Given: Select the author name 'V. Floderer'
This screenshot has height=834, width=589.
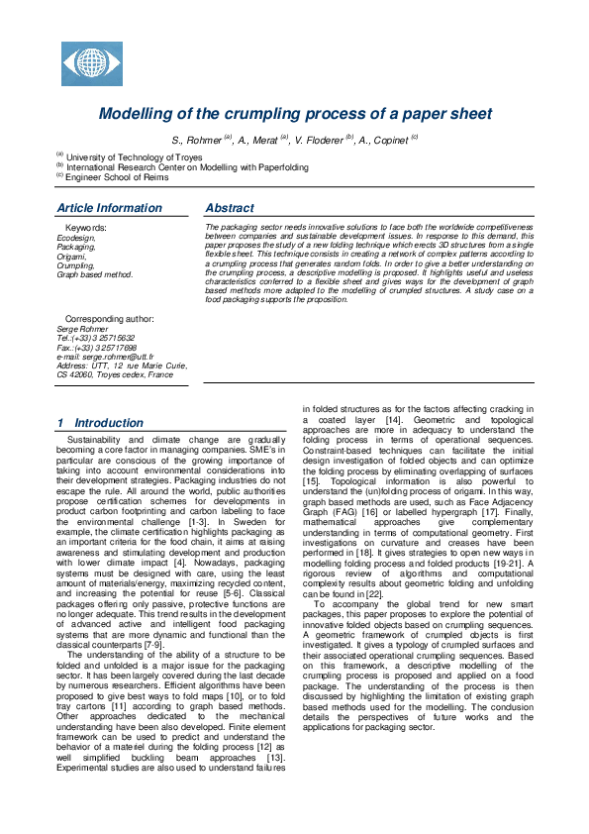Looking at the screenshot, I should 319,141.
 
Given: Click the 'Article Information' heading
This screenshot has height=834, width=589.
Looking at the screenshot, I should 109,208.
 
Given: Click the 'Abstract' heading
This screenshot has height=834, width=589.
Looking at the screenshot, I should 229,208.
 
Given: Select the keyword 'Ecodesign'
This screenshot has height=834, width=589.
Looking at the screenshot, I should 76,239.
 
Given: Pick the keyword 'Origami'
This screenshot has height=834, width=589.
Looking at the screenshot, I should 71,257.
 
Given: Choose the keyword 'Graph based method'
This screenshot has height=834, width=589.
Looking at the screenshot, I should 94,274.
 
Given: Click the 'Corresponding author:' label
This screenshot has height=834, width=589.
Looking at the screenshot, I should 109,320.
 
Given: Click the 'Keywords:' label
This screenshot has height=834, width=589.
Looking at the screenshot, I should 86,228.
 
